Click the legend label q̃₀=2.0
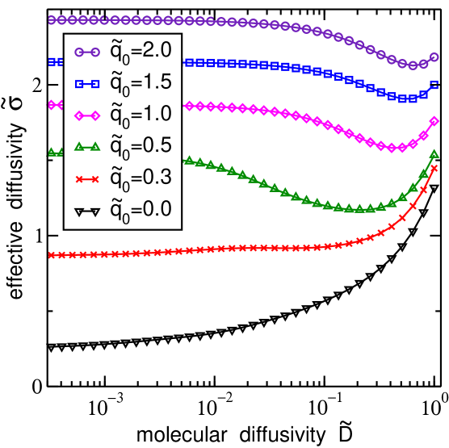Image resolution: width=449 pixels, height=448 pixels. [x=141, y=52]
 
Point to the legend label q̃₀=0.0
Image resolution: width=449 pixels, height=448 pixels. [x=141, y=209]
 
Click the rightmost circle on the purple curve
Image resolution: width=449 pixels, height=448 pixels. [x=434, y=57]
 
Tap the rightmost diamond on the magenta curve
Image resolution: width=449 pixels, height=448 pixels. [x=434, y=121]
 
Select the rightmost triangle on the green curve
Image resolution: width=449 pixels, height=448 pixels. [x=434, y=153]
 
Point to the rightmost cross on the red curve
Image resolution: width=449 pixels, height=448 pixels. [x=434, y=168]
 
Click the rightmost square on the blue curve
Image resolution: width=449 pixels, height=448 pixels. [x=434, y=84]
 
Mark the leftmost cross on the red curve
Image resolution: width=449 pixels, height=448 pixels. [x=51, y=255]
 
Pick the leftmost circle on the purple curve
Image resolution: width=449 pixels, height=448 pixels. [x=51, y=19]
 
